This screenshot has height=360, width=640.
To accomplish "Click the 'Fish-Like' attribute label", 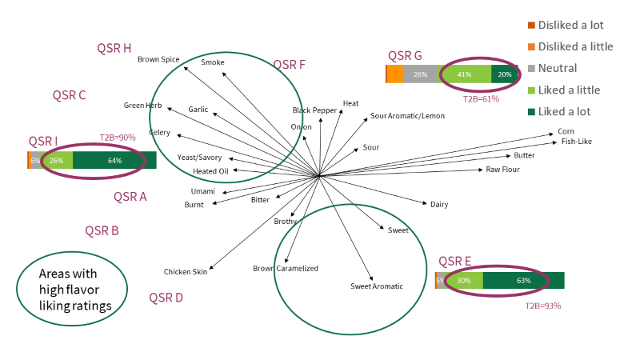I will (x=577, y=142).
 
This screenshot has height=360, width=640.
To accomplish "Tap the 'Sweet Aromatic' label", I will (x=376, y=286).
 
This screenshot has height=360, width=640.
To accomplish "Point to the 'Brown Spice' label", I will (x=158, y=59).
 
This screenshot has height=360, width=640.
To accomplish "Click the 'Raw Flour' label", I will (x=503, y=170).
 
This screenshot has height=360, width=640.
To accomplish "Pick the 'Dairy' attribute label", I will (x=439, y=205).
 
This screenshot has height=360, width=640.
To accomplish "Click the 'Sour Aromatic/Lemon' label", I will (x=407, y=116).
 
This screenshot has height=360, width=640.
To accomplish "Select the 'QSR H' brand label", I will (x=114, y=48).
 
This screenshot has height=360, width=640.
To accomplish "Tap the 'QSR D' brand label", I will (x=166, y=298).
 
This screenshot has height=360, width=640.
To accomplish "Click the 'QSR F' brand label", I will (x=289, y=65).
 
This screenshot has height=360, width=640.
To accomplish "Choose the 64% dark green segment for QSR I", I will (x=114, y=161).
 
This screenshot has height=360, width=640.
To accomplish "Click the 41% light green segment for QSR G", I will (x=463, y=74).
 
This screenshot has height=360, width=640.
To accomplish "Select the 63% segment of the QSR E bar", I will (x=523, y=281).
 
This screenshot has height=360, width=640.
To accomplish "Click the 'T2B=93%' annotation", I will (x=542, y=306).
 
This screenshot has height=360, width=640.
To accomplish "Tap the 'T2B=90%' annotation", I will (x=117, y=138).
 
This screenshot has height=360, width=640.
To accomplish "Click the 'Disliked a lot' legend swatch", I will (x=532, y=26).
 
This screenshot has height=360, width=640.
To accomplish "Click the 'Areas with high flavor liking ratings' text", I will (x=71, y=289).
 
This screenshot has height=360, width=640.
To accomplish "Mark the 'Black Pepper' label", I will (x=314, y=110).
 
